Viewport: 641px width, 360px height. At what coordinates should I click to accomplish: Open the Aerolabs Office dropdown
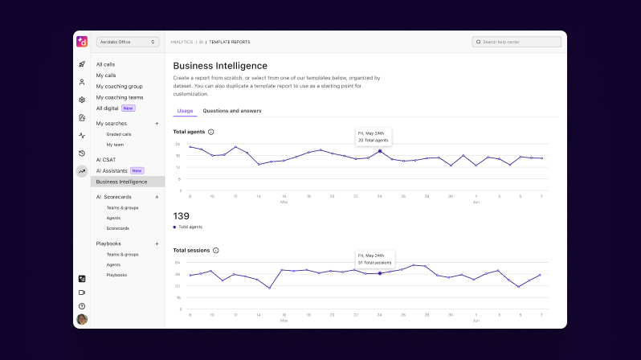tap(128, 42)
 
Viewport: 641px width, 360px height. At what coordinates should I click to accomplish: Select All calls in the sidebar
tap(105, 64)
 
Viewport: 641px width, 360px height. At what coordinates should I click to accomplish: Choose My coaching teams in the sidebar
tap(120, 97)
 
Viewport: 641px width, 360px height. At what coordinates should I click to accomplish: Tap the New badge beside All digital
tap(129, 108)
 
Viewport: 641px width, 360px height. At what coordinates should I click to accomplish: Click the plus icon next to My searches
tap(157, 123)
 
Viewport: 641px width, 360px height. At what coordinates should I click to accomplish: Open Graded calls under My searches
tap(119, 134)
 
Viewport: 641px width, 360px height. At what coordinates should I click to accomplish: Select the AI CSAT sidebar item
tap(106, 159)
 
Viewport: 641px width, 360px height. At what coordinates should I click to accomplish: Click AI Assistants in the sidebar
tap(112, 170)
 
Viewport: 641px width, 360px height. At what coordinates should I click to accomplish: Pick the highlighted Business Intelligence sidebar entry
tap(121, 182)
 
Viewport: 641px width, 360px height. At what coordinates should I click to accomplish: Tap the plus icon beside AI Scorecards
tap(157, 197)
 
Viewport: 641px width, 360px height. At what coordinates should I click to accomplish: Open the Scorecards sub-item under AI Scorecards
tap(117, 228)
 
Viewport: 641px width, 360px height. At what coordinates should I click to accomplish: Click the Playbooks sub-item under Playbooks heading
tap(116, 275)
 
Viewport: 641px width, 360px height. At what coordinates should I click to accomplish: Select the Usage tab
tap(185, 111)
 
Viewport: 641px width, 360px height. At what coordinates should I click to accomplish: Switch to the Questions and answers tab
tap(232, 111)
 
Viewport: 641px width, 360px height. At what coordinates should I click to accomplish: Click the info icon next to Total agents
tap(211, 132)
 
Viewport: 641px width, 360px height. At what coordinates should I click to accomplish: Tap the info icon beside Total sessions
tap(216, 251)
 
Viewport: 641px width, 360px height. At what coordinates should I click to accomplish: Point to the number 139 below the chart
tap(182, 216)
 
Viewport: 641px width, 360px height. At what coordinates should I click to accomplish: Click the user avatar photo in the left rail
tap(82, 319)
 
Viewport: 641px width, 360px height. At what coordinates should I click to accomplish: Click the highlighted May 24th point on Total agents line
tap(380, 151)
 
